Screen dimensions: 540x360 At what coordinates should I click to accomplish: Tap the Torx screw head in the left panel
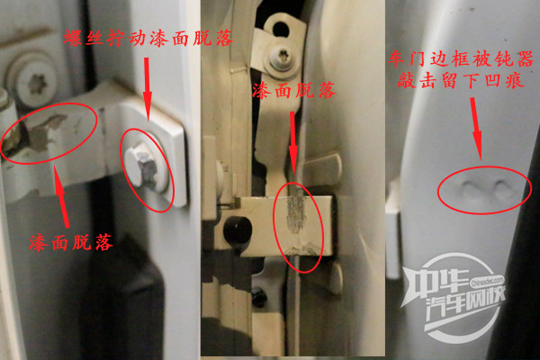[33, 82]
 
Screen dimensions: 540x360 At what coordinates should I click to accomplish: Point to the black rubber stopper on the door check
[238, 229]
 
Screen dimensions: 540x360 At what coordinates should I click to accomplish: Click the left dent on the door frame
[469, 188]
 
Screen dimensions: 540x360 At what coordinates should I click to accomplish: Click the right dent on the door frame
[502, 188]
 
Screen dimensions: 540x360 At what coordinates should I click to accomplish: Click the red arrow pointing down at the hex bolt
[148, 89]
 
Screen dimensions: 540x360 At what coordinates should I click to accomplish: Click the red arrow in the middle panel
[293, 144]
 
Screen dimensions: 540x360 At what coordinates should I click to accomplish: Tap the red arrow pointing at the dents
[477, 130]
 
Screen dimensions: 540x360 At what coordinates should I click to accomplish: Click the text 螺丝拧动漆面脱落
[148, 38]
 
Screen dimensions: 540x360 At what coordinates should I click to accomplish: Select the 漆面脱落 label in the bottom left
[71, 242]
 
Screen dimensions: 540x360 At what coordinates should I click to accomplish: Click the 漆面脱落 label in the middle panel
[293, 91]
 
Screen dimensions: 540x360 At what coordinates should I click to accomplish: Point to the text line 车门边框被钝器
[461, 58]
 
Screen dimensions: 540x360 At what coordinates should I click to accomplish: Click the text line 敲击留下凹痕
[461, 81]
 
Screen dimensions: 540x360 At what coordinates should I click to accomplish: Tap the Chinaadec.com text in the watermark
[488, 282]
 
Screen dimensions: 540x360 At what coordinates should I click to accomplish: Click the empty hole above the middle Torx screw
[280, 30]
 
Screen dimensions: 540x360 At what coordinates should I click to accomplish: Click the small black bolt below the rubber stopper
[259, 296]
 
